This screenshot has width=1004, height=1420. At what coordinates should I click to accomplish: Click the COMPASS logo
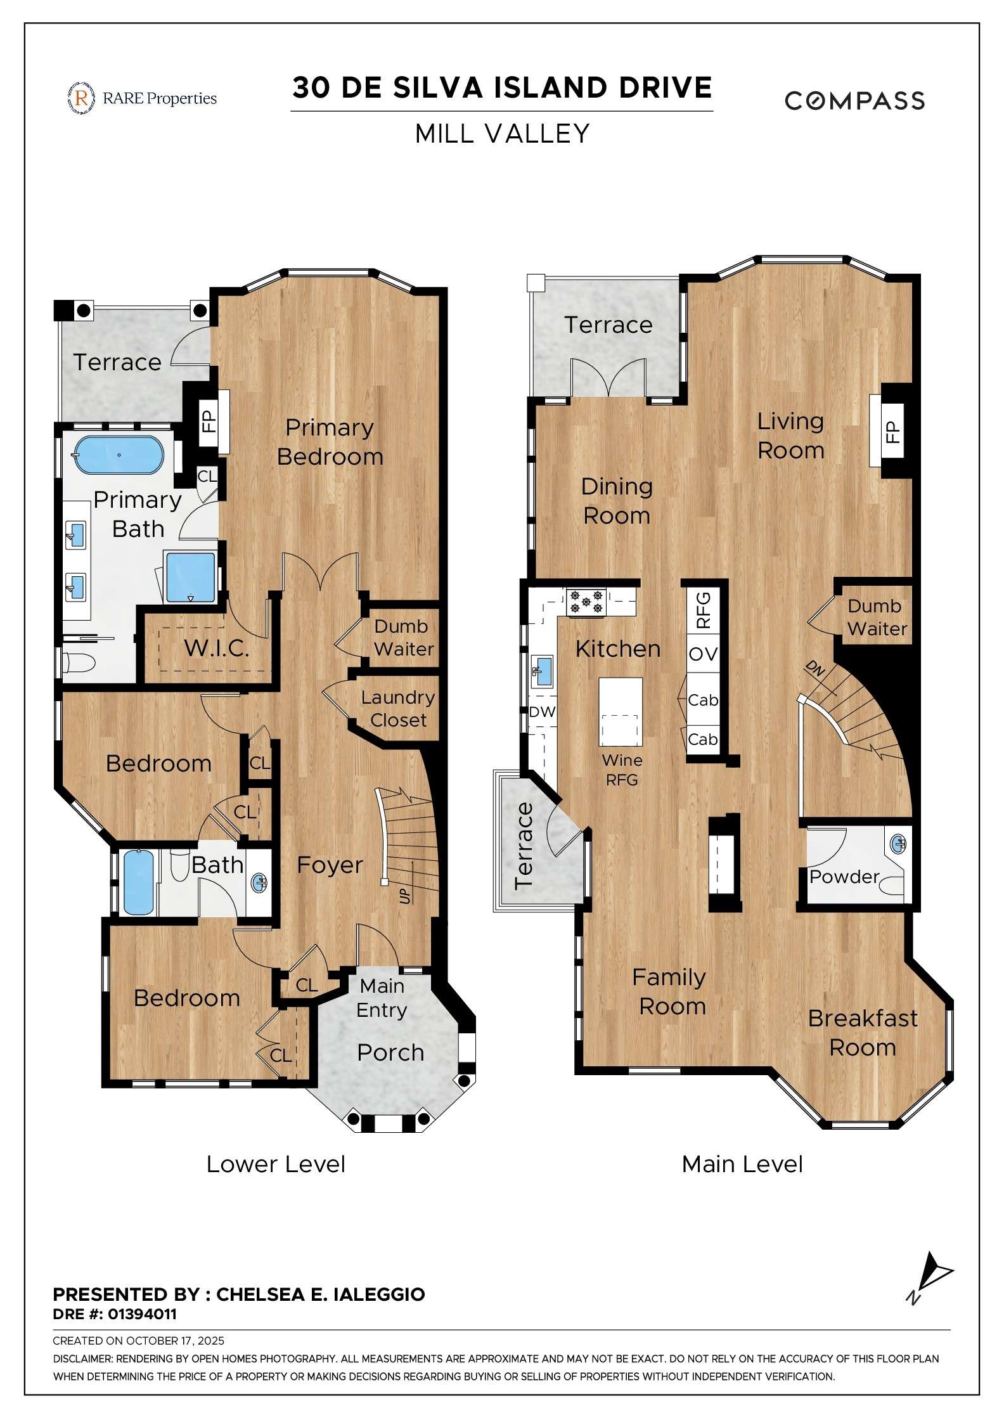click(854, 100)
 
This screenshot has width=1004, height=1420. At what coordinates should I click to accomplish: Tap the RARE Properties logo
click(142, 98)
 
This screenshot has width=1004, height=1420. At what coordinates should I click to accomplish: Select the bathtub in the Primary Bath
click(119, 455)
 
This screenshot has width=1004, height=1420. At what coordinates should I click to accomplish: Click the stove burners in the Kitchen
click(586, 602)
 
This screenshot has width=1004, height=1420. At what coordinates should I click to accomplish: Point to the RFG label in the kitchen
click(704, 609)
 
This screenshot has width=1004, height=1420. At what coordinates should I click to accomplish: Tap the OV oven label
click(703, 654)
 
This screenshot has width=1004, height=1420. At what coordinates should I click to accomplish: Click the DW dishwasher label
click(542, 711)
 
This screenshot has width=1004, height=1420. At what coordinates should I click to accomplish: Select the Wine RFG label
click(622, 770)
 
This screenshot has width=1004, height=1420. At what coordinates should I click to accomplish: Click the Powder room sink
click(898, 844)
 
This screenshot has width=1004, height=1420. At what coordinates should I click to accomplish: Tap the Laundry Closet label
click(398, 709)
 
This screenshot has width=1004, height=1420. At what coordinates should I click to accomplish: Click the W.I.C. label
click(216, 648)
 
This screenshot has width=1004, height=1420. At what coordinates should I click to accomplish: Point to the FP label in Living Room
click(892, 432)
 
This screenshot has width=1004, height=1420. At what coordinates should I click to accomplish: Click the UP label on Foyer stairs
click(404, 896)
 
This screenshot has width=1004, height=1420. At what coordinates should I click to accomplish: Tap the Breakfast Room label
click(863, 1033)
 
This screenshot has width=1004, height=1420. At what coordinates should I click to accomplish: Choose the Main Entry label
click(382, 998)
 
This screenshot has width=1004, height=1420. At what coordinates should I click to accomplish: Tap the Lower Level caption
click(276, 1164)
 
